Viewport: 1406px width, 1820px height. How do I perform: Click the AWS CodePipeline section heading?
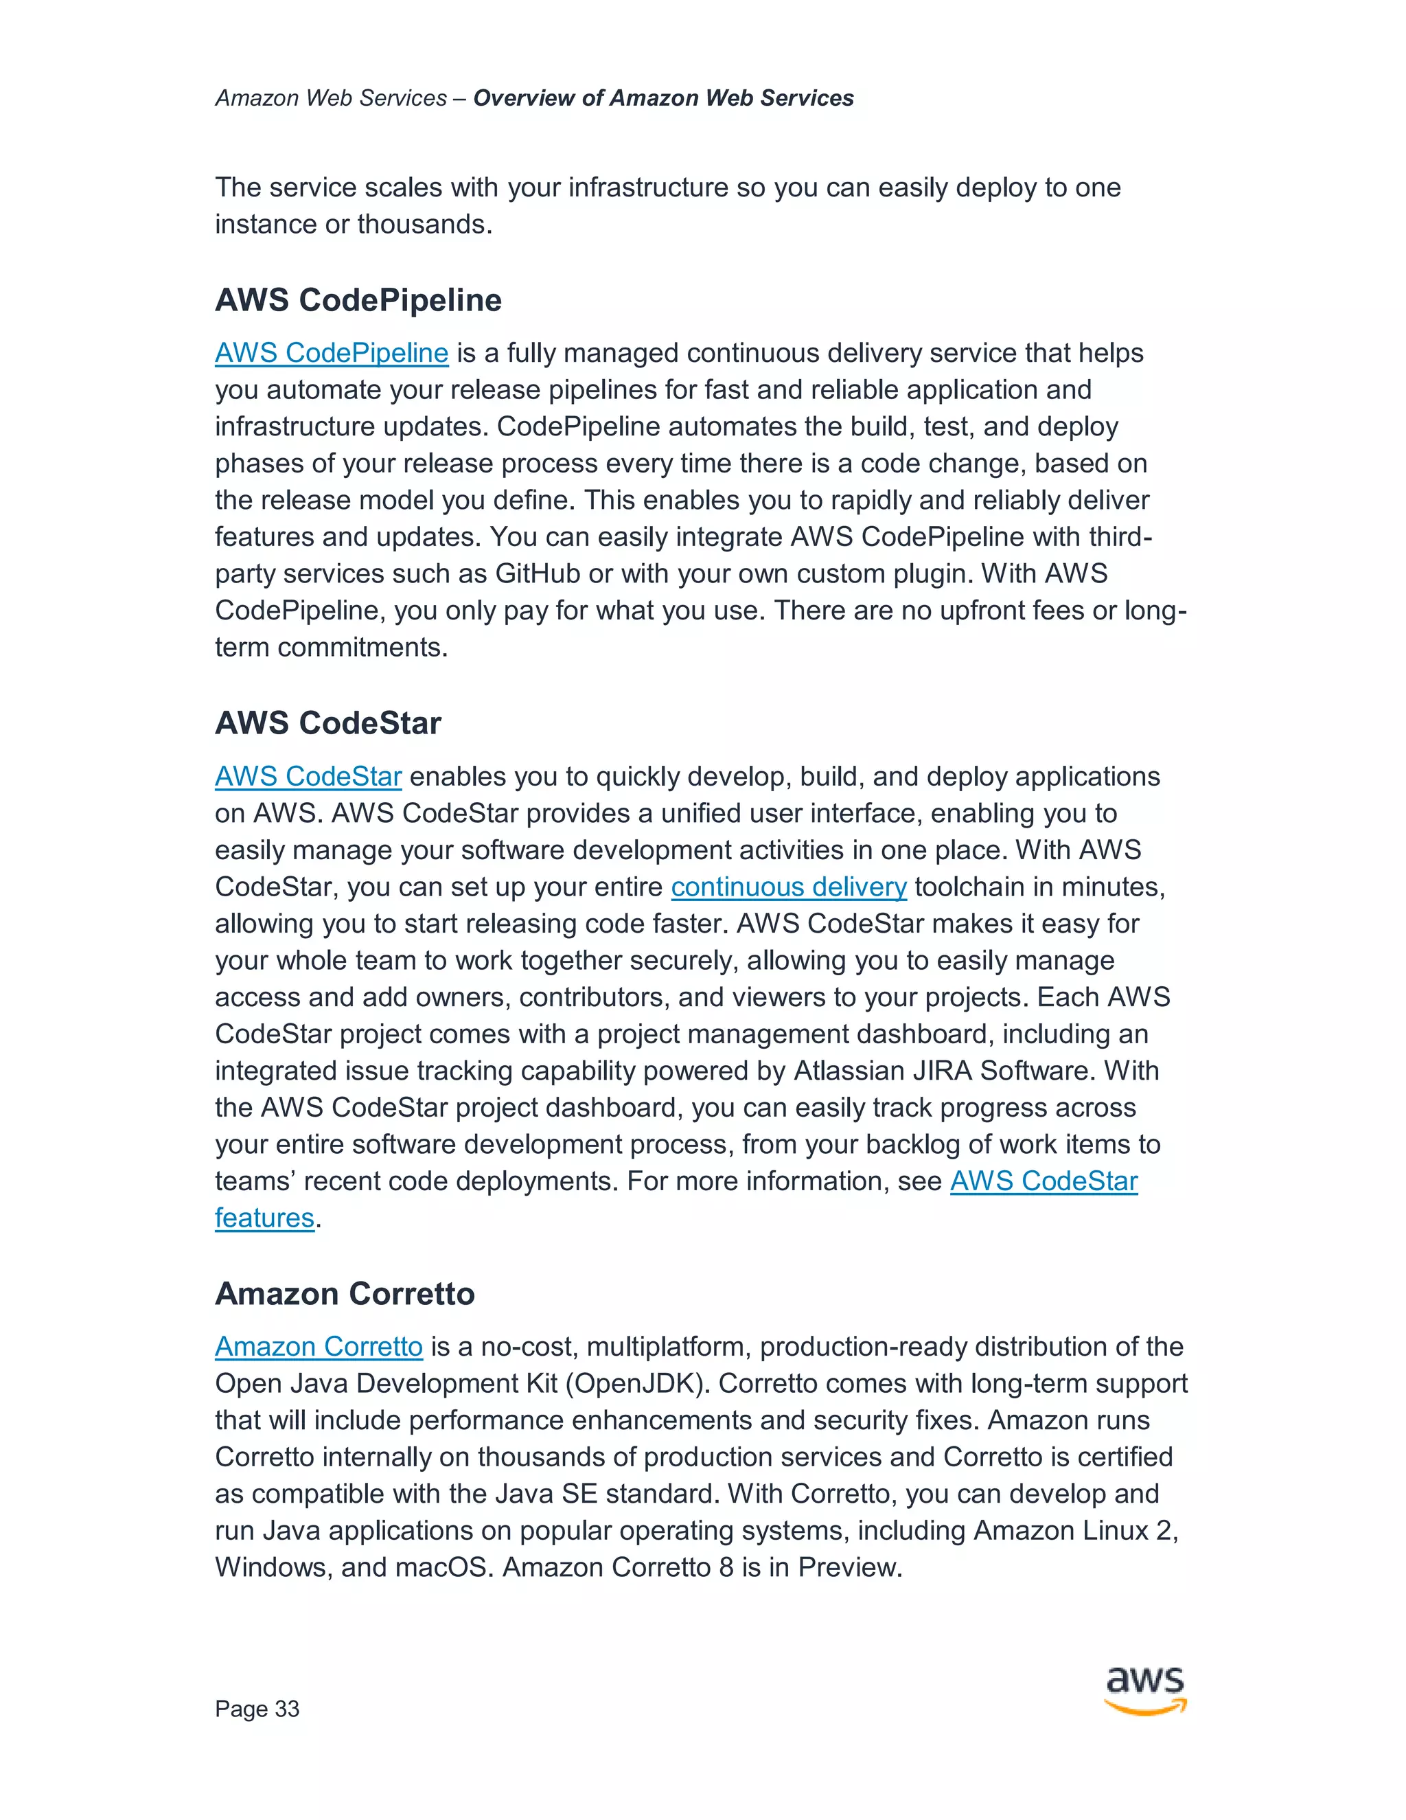click(358, 301)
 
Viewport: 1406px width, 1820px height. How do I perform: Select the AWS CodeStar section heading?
click(327, 723)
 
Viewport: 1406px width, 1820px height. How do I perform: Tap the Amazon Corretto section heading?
click(345, 1294)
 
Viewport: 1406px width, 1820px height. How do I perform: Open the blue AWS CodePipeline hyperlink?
click(332, 353)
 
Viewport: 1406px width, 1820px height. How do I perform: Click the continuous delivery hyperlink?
click(788, 887)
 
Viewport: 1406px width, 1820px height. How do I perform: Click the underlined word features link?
click(264, 1218)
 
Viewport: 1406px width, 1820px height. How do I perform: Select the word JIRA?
click(934, 1071)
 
